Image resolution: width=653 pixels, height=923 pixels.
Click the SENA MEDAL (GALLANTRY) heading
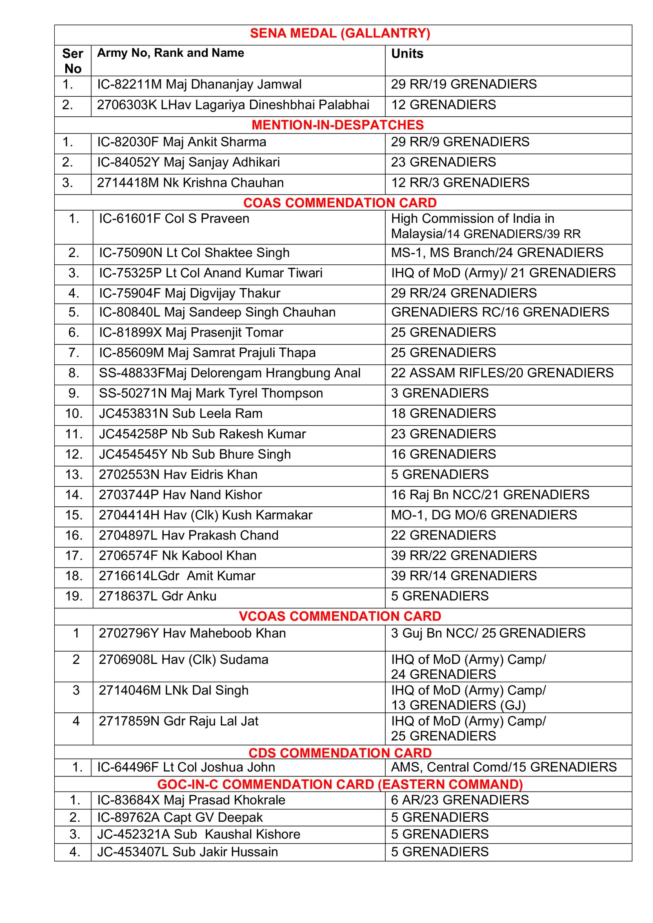pyautogui.click(x=340, y=33)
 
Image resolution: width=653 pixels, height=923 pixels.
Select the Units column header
pyautogui.click(x=407, y=53)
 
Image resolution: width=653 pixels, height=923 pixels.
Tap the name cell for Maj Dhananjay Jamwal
pyautogui.click(x=199, y=84)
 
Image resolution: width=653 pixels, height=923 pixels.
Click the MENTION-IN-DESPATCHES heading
pyautogui.click(x=338, y=125)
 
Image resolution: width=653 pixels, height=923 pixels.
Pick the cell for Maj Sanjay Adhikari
pyautogui.click(x=188, y=162)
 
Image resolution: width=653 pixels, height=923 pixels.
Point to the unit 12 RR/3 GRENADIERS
pyautogui.click(x=460, y=182)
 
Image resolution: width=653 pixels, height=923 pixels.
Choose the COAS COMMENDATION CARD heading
pyautogui.click(x=340, y=203)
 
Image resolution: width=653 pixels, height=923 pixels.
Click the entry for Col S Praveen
pyautogui.click(x=174, y=219)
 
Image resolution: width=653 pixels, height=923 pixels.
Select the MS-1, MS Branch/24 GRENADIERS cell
pyautogui.click(x=497, y=253)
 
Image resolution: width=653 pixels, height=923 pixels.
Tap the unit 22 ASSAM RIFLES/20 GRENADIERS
pyautogui.click(x=502, y=373)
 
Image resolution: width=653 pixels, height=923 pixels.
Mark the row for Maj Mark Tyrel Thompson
pyautogui.click(x=211, y=393)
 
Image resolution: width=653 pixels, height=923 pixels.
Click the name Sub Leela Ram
pyautogui.click(x=180, y=413)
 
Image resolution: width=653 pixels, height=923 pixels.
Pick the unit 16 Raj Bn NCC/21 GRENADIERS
pyautogui.click(x=490, y=495)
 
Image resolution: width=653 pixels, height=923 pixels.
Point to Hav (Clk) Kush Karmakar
pyautogui.click(x=205, y=515)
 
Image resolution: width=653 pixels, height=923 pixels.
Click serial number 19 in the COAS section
pyautogui.click(x=74, y=596)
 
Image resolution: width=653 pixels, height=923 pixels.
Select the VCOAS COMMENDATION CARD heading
pyautogui.click(x=340, y=616)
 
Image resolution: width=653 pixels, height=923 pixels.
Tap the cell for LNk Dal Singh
pyautogui.click(x=173, y=690)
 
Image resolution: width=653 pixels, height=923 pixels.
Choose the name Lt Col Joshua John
pyautogui.click(x=186, y=767)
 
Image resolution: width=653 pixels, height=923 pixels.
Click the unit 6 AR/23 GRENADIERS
pyautogui.click(x=460, y=800)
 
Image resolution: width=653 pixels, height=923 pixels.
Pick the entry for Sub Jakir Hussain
pyautogui.click(x=187, y=852)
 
